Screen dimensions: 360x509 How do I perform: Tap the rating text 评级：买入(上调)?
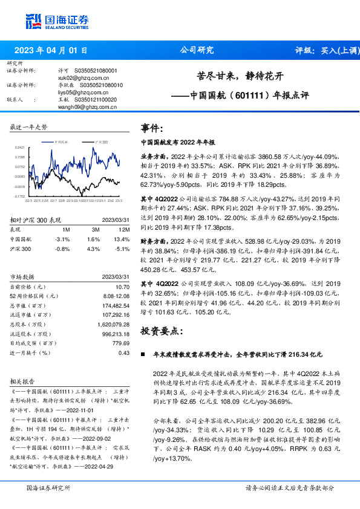325,51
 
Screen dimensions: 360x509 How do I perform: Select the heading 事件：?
152,128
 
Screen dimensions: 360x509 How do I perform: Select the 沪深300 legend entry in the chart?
102,141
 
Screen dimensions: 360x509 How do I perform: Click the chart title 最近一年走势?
28,128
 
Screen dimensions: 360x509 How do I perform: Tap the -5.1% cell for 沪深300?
122,248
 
